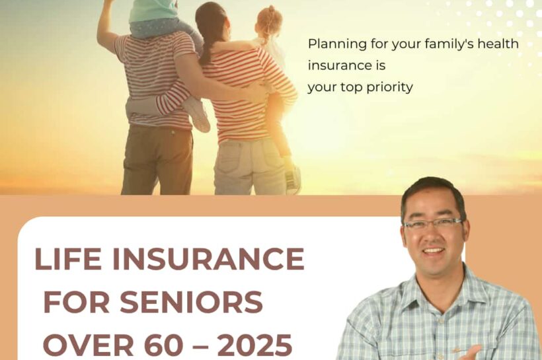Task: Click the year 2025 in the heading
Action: click(x=255, y=345)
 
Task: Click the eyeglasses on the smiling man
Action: click(x=433, y=223)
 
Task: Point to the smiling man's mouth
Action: click(x=434, y=251)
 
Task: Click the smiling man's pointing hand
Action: click(x=471, y=353)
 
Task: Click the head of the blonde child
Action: click(x=268, y=23)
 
